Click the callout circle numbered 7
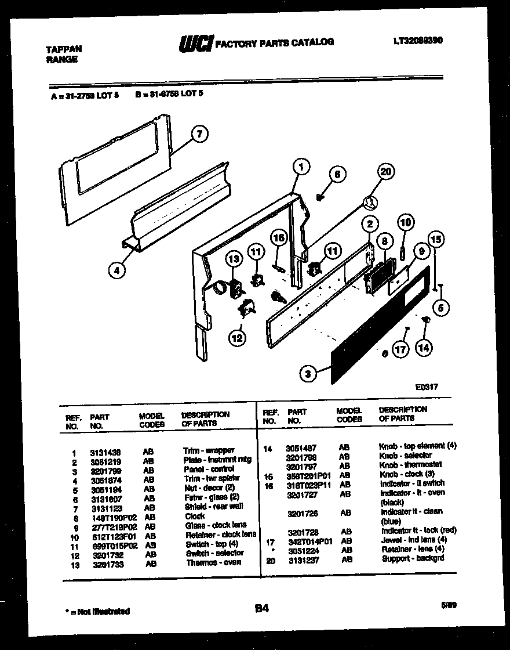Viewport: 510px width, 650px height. point(199,135)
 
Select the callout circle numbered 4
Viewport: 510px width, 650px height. point(116,269)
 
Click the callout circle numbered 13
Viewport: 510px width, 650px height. point(234,259)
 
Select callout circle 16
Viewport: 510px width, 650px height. point(279,238)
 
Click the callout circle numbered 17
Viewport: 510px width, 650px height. point(400,349)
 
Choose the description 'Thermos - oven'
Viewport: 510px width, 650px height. point(210,562)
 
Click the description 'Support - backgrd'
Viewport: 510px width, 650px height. point(413,558)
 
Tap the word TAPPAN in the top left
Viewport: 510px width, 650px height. point(64,50)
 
